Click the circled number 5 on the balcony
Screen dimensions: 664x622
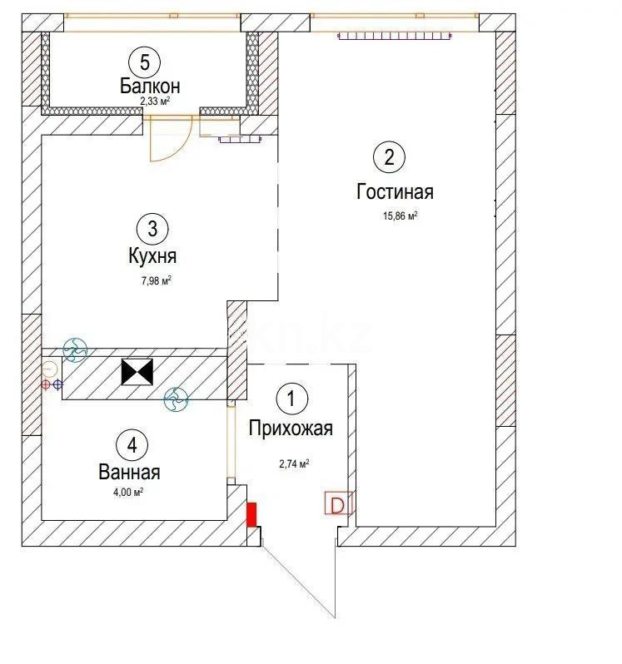point(145,62)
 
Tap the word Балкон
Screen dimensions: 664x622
point(149,86)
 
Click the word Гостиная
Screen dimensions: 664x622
point(395,192)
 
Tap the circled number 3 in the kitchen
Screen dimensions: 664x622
point(152,227)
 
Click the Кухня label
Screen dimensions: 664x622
point(152,256)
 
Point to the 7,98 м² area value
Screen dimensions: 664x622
point(156,280)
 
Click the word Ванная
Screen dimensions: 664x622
point(129,473)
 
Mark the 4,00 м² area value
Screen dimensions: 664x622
point(129,492)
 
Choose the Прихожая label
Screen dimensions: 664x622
point(291,429)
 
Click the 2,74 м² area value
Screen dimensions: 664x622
point(294,463)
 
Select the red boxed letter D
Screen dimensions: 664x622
point(337,504)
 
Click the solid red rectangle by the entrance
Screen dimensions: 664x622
point(251,514)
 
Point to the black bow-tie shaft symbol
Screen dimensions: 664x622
point(137,372)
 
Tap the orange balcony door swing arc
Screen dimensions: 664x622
point(172,141)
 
